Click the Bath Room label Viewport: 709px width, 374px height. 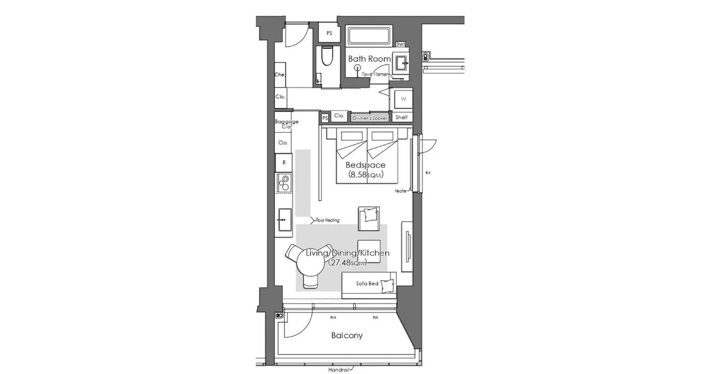[x=369, y=59]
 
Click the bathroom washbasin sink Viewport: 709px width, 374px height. [x=401, y=64]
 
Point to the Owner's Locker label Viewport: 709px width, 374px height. [x=369, y=118]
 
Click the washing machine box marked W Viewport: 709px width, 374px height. [x=403, y=99]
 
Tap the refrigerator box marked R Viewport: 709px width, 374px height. [x=284, y=162]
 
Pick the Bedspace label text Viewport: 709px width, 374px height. [x=365, y=165]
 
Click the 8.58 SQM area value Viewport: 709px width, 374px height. [x=366, y=175]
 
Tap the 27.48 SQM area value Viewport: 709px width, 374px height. [x=347, y=262]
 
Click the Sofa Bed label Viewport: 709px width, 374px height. [x=367, y=284]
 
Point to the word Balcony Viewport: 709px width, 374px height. [x=347, y=335]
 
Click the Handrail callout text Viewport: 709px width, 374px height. [x=339, y=370]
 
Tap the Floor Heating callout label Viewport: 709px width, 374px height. [x=327, y=220]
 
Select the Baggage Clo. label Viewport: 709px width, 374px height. [x=286, y=124]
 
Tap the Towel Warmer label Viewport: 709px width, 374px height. [x=375, y=74]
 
